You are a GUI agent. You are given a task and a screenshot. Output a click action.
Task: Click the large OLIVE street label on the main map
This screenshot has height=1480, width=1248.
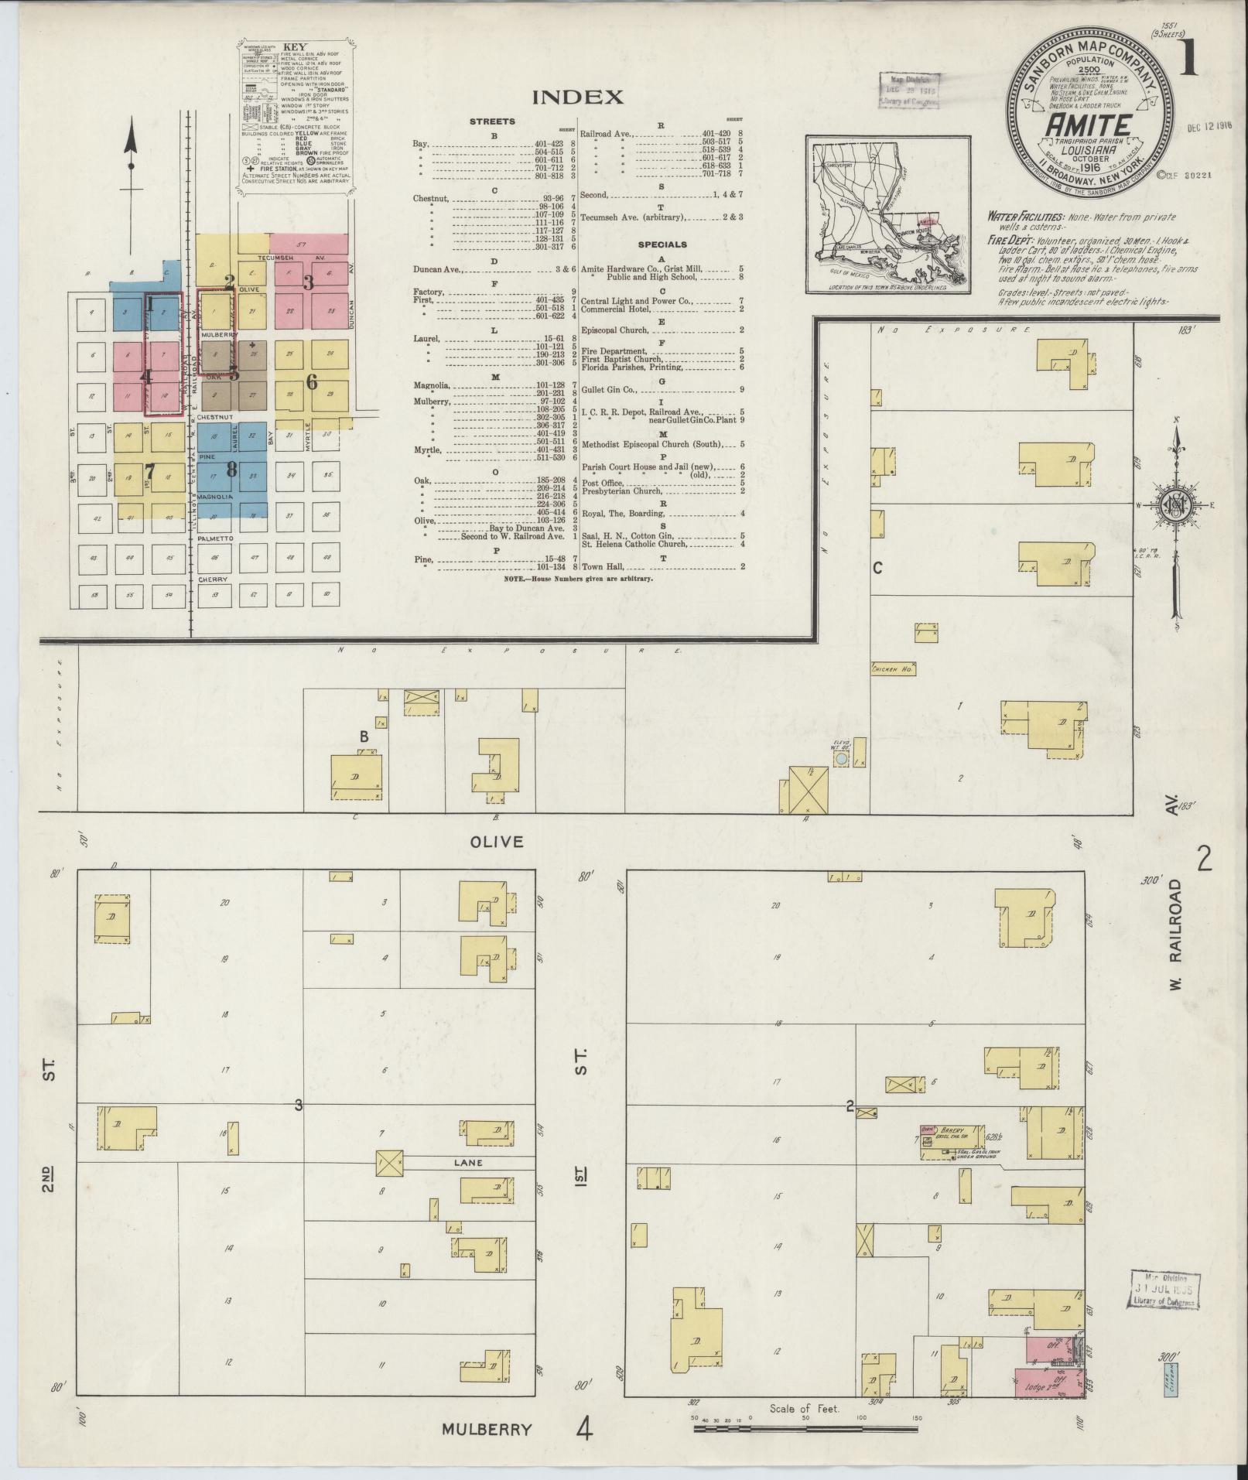coord(497,842)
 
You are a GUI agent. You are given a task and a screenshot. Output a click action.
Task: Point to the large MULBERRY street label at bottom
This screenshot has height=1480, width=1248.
coord(487,1429)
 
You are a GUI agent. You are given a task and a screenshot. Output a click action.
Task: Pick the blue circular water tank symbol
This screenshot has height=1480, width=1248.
coord(841,761)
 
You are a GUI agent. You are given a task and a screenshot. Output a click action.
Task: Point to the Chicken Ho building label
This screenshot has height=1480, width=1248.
coord(893,668)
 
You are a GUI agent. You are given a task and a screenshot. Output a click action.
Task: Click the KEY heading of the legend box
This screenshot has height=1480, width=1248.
coord(295,46)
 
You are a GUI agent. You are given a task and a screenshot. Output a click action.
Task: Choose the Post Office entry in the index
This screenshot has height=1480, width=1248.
coord(602,482)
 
